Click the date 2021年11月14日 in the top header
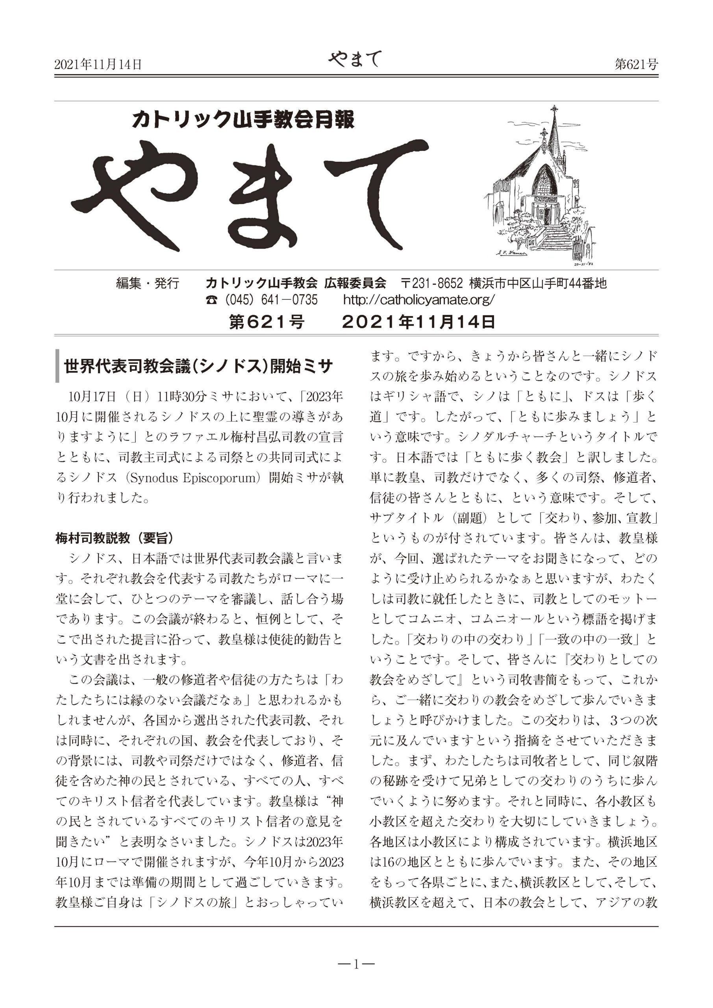[x=98, y=65]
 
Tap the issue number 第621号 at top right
[x=636, y=65]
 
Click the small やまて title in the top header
[x=355, y=59]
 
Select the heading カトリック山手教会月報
[x=243, y=120]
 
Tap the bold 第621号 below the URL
[x=267, y=322]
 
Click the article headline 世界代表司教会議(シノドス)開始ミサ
[x=198, y=366]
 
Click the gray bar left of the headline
[x=57, y=366]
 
